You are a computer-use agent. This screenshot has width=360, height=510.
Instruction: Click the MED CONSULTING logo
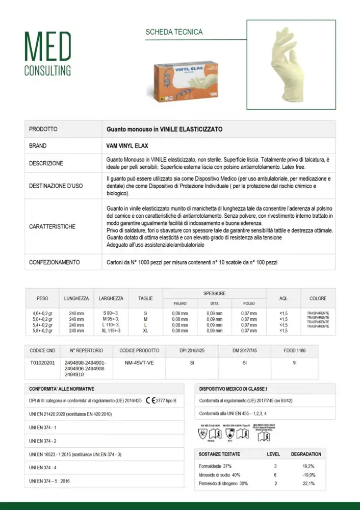click(x=48, y=54)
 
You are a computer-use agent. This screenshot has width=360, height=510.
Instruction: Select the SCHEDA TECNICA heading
click(x=174, y=32)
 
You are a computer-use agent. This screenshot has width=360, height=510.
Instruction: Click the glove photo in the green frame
click(x=291, y=65)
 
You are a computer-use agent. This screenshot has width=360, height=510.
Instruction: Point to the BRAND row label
click(x=38, y=146)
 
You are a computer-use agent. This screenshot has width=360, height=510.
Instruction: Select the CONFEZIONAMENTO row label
click(x=55, y=262)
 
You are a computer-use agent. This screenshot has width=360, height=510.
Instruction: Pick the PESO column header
click(x=42, y=298)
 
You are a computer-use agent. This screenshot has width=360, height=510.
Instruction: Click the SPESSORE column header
click(x=214, y=293)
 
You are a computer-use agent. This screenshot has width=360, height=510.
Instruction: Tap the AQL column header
click(x=284, y=298)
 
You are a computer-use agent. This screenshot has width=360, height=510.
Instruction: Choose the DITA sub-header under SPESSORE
click(x=214, y=303)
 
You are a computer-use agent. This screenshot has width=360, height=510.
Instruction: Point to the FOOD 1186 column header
click(x=294, y=350)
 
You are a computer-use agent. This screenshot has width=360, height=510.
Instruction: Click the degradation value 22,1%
click(x=308, y=483)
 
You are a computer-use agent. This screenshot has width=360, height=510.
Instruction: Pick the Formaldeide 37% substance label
click(x=215, y=466)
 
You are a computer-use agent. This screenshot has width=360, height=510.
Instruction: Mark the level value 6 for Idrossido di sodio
click(x=275, y=475)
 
